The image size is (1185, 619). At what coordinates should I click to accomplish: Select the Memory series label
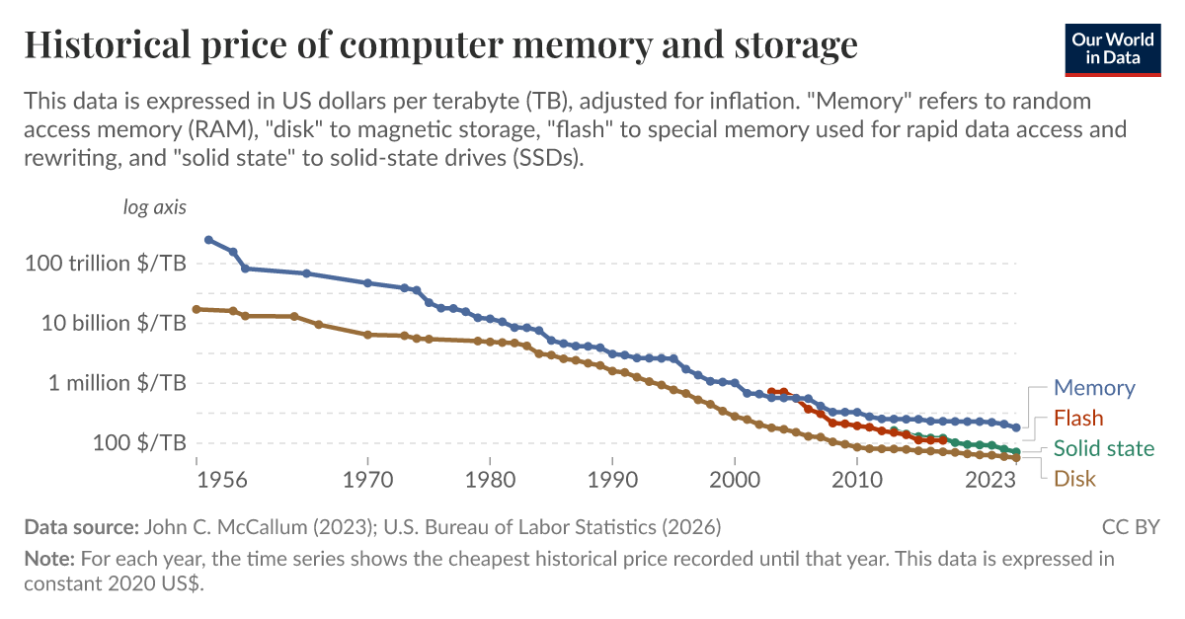pos(1094,388)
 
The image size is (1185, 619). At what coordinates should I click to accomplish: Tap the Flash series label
pos(1078,418)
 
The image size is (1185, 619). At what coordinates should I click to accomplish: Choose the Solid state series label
pos(1103,448)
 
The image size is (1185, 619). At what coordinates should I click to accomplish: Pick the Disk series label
pos(1074,479)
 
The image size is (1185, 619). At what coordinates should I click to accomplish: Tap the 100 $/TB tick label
pos(140,442)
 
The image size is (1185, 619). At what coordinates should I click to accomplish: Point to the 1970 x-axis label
pos(367,482)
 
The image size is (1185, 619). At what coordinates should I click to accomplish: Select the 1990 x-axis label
pos(612,482)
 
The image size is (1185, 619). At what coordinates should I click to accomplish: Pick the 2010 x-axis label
pos(857,482)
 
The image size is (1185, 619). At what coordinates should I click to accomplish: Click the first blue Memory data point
pos(208,240)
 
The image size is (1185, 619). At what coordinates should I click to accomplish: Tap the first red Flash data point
pos(772,392)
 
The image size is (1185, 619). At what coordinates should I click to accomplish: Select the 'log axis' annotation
pos(154,207)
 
